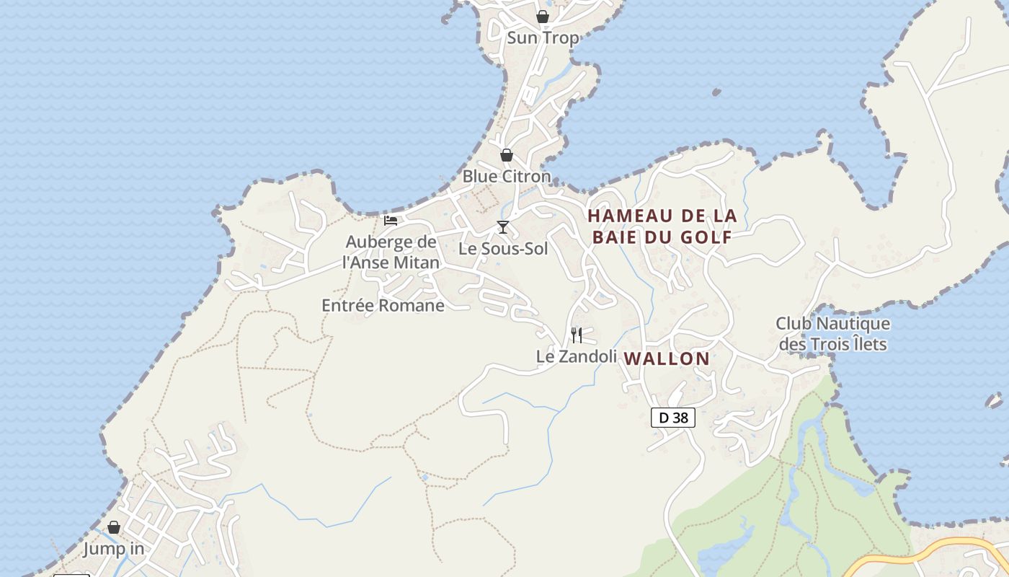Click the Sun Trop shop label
(543, 38)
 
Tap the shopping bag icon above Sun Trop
(543, 16)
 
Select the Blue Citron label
(506, 176)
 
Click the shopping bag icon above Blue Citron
(507, 155)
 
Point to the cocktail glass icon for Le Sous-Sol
(503, 227)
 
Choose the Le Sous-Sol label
(503, 249)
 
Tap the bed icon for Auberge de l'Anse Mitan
(391, 220)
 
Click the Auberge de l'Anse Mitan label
(392, 252)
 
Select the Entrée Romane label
(383, 305)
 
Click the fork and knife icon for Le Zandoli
(577, 335)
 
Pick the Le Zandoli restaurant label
(576, 356)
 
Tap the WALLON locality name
(667, 358)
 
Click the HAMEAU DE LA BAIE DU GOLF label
(662, 226)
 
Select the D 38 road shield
(672, 418)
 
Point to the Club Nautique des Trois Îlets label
(832, 334)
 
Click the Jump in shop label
(113, 549)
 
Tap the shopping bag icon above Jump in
(114, 527)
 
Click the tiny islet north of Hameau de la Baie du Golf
(716, 92)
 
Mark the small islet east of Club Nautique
(995, 400)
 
